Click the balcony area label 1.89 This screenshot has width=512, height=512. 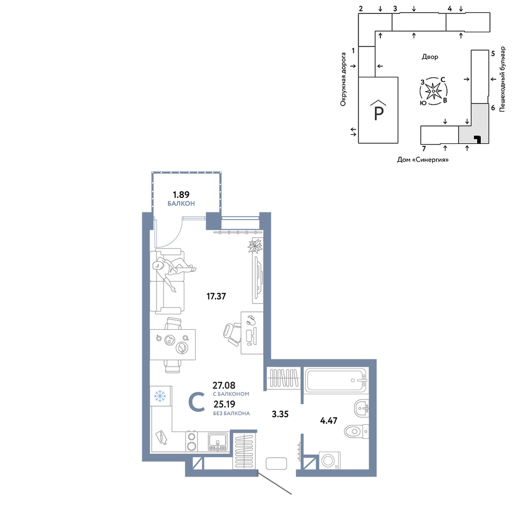pyautogui.click(x=181, y=195)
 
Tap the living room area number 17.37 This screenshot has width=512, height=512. pyautogui.click(x=216, y=296)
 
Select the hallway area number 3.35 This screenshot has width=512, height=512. pyautogui.click(x=280, y=414)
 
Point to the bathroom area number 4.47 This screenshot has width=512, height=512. pyautogui.click(x=329, y=420)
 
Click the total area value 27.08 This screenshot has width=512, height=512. pyautogui.click(x=224, y=386)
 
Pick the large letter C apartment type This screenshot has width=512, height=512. pyautogui.click(x=197, y=402)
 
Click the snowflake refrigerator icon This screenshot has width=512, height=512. pyautogui.click(x=160, y=396)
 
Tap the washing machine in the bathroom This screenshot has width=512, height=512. pyautogui.click(x=329, y=461)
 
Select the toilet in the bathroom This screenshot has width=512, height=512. pyautogui.click(x=356, y=431)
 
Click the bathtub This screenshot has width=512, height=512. pyautogui.click(x=336, y=380)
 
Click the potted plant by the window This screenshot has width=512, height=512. pyautogui.click(x=255, y=246)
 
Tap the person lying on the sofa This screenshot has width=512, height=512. pyautogui.click(x=173, y=270)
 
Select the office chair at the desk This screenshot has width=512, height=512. pyautogui.click(x=232, y=334)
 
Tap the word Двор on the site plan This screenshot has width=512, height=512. pyautogui.click(x=430, y=57)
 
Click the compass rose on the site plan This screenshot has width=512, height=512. pyautogui.click(x=433, y=91)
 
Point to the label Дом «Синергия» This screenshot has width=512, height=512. pyautogui.click(x=423, y=160)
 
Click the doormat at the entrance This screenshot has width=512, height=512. pyautogui.click(x=276, y=463)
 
